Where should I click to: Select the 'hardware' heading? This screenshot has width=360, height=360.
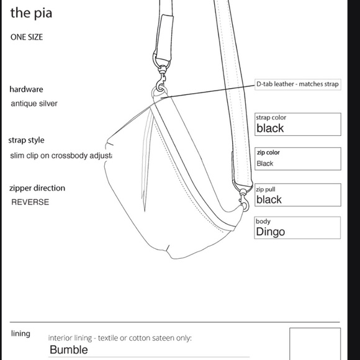pos(26,89)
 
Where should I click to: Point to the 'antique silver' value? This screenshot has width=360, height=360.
pos(34,104)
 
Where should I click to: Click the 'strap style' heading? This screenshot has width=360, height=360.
pos(27,140)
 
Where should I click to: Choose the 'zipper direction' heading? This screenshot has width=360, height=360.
pos(37,188)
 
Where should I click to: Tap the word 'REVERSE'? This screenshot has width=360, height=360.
pos(30,202)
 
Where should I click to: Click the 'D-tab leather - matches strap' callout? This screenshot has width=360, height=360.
pos(297,84)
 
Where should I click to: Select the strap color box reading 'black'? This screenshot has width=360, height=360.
pos(298,125)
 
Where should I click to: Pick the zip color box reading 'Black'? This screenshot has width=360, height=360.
pos(298,159)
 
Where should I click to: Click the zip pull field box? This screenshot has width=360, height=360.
pos(298,195)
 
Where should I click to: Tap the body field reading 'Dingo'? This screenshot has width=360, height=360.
pos(298,228)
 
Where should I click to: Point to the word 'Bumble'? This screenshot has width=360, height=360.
pos(69,349)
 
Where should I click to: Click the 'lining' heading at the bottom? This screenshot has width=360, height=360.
pos(20,334)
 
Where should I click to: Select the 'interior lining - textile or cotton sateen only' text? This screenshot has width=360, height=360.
pos(120,338)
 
